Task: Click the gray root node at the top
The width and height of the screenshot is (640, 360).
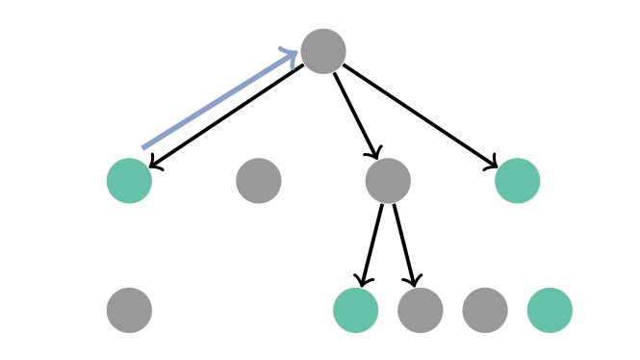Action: click(323, 51)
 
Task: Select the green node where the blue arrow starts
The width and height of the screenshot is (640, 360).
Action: click(129, 181)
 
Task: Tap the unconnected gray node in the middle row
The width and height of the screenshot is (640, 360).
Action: click(259, 181)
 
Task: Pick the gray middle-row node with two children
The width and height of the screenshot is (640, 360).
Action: click(388, 181)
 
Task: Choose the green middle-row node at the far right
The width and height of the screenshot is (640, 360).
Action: click(518, 181)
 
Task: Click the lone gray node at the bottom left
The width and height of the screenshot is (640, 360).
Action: click(129, 310)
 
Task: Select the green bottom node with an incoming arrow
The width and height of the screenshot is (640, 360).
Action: click(355, 310)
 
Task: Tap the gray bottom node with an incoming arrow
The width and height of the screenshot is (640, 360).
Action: click(421, 310)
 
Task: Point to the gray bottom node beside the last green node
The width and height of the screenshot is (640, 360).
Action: click(485, 310)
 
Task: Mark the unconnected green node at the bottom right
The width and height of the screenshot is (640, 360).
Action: click(550, 310)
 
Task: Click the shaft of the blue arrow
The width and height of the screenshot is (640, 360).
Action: click(217, 101)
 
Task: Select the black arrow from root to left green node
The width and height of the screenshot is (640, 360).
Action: click(231, 115)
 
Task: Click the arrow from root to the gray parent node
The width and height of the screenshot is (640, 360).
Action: click(355, 115)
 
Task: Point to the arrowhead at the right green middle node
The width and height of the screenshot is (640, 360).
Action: click(492, 164)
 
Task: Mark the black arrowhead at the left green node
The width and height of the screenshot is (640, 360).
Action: click(155, 165)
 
